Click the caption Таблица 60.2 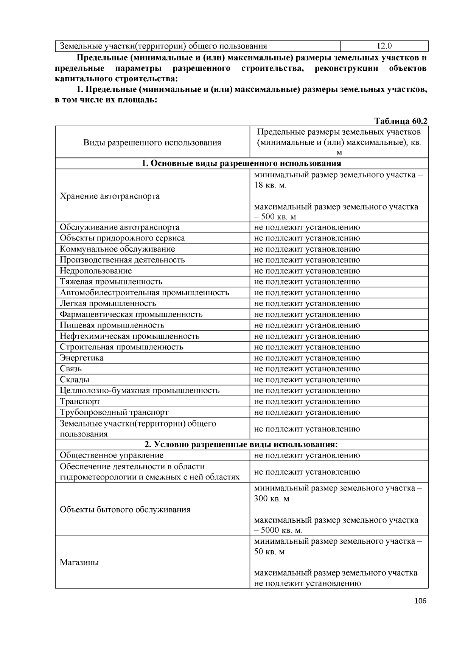pyautogui.click(x=401, y=121)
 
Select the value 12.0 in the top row pyautogui.click(x=384, y=46)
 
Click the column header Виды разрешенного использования pyautogui.click(x=152, y=143)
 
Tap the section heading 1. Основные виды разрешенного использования pyautogui.click(x=241, y=163)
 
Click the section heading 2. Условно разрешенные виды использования pyautogui.click(x=241, y=444)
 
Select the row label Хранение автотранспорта pyautogui.click(x=110, y=196)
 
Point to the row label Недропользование pyautogui.click(x=96, y=271)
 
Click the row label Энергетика pyautogui.click(x=82, y=358)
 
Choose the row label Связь pyautogui.click(x=71, y=369)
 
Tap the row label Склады pyautogui.click(x=75, y=380)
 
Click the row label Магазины pyautogui.click(x=79, y=562)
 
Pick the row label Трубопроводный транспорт pyautogui.click(x=114, y=412)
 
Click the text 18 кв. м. pyautogui.click(x=270, y=186)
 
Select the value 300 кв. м pyautogui.click(x=271, y=498)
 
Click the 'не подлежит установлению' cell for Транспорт pyautogui.click(x=307, y=401)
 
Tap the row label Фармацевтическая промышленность pyautogui.click(x=131, y=314)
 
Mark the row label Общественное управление pyautogui.click(x=112, y=455)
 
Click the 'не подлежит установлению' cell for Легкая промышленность pyautogui.click(x=307, y=303)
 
